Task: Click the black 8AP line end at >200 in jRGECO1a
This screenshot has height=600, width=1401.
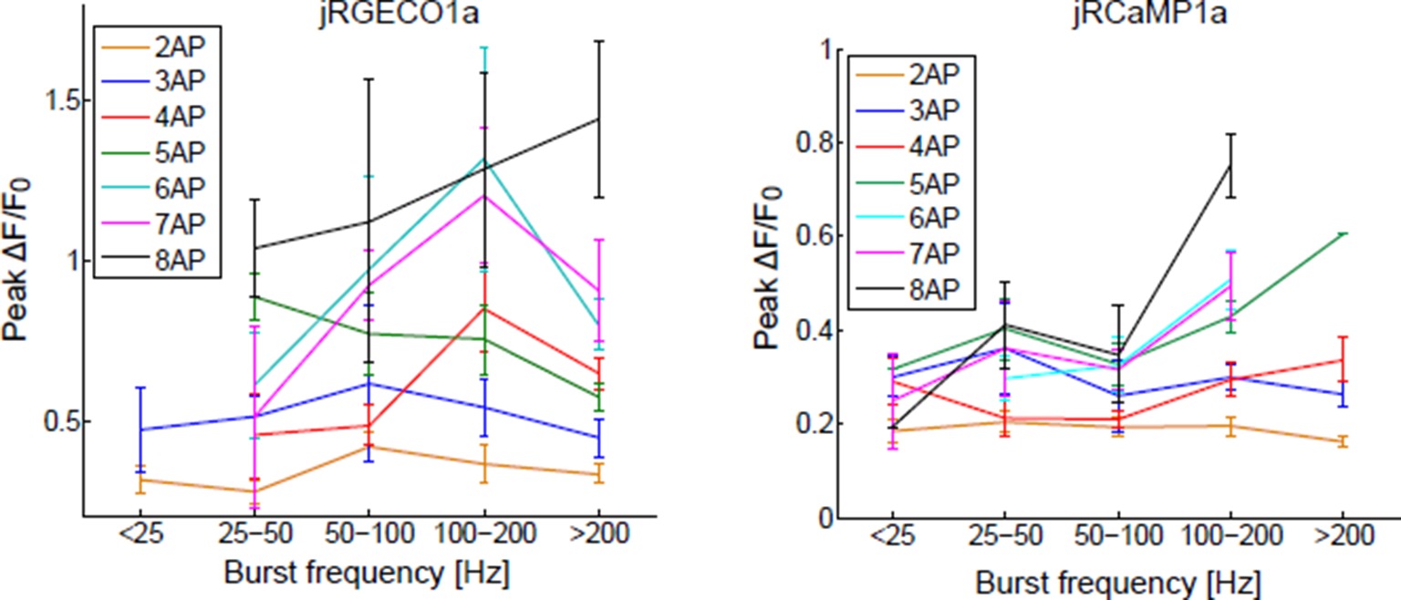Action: [598, 119]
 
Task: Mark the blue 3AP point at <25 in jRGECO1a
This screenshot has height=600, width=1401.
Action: [140, 429]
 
